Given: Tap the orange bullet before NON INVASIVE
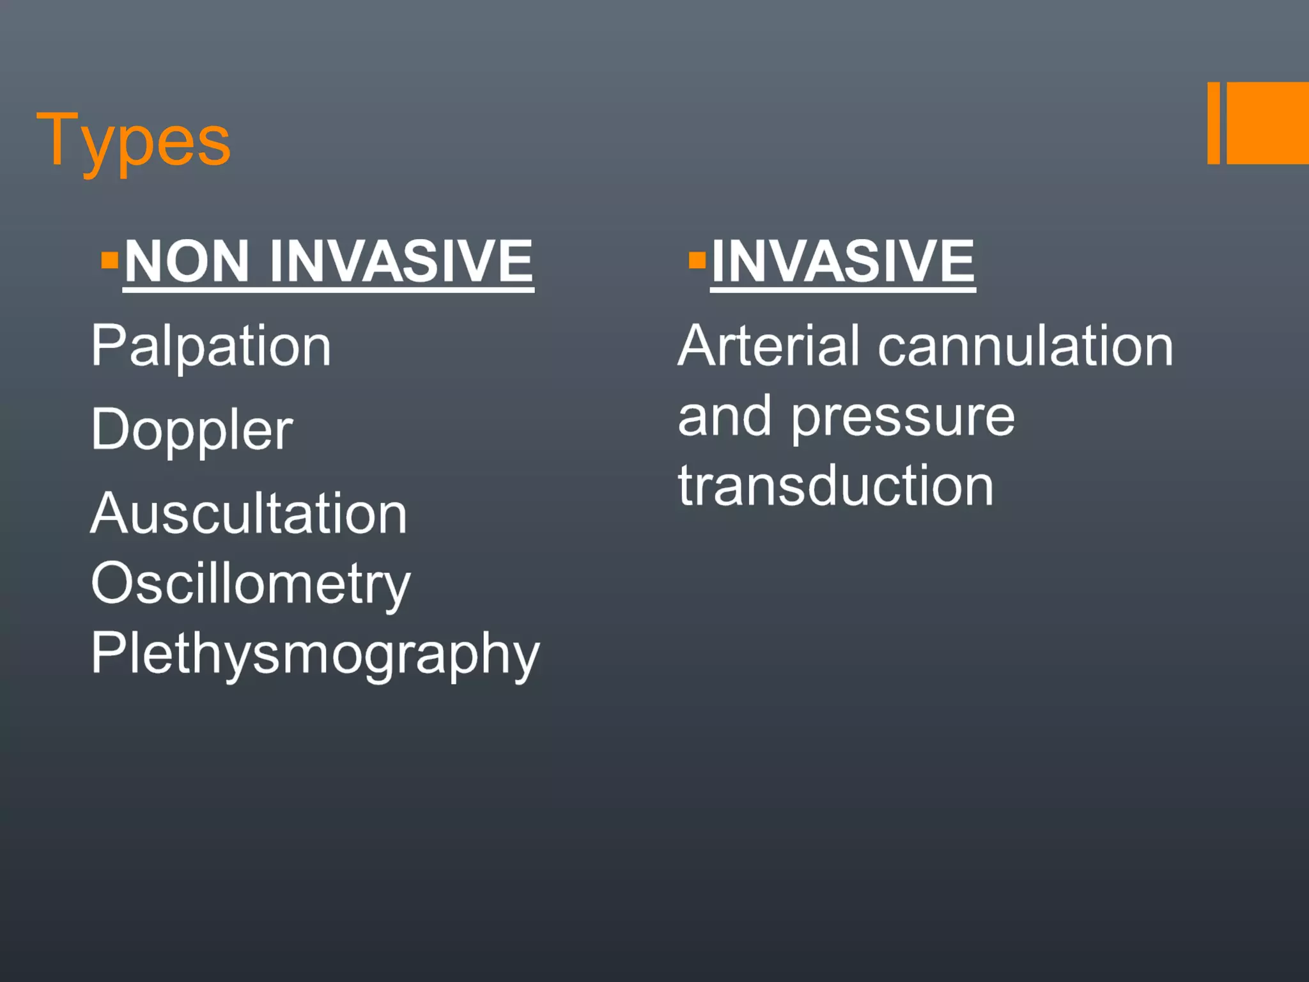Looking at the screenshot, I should point(109,260).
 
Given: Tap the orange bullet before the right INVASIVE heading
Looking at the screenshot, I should point(697,260).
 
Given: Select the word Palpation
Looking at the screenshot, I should point(211,347).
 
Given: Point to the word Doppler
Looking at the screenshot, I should point(192,430).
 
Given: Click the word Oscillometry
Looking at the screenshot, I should point(251,584).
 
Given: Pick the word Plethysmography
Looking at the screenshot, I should point(315,654).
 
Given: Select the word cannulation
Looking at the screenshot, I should point(1025,346).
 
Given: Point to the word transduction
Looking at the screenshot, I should point(836,486).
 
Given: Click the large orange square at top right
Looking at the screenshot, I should point(1267,123).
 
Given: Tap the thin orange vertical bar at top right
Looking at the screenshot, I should point(1213,123).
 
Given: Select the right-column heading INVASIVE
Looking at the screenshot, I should point(843,261).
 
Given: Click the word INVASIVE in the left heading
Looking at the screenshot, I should point(401,261).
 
